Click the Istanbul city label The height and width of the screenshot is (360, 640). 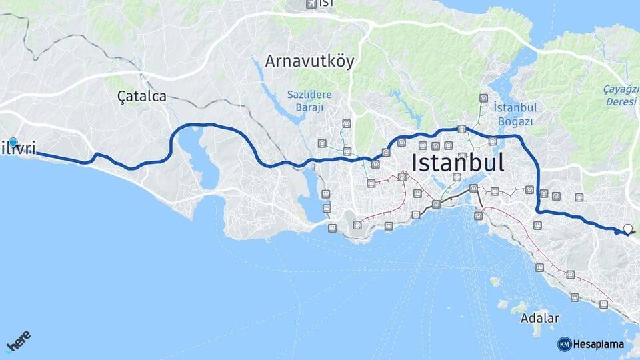(458, 162)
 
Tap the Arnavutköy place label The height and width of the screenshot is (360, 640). (309, 61)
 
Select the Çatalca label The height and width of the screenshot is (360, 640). (141, 96)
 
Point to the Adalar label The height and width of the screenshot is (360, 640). (540, 318)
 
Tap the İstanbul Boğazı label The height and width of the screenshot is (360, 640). (515, 114)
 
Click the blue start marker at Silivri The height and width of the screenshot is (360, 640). (13, 142)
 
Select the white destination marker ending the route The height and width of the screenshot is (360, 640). (627, 229)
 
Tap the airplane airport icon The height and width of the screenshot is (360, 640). (311, 4)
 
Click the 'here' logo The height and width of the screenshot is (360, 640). (18, 343)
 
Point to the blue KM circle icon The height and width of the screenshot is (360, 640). (564, 344)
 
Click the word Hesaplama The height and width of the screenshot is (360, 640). (598, 345)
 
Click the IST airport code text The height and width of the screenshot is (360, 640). (326, 4)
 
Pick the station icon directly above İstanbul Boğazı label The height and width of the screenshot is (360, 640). (483, 98)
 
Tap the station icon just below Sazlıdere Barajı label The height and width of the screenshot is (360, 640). (346, 123)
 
